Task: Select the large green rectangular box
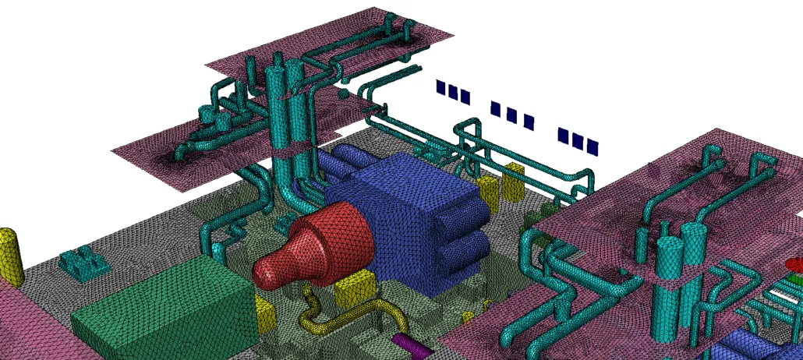pyautogui.click(x=164, y=308)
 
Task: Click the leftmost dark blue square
pyautogui.click(x=441, y=87)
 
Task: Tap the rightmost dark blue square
pyautogui.click(x=593, y=146)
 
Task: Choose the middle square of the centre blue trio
pyautogui.click(x=511, y=115)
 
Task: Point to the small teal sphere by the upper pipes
pyautogui.click(x=342, y=94)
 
